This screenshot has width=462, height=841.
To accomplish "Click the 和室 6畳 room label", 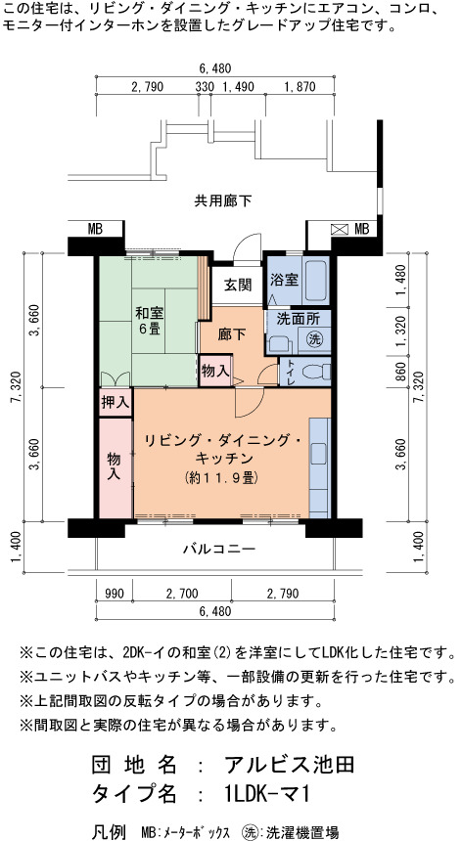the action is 150,320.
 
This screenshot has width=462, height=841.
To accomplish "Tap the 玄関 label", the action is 237,285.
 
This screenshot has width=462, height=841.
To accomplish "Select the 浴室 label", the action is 285,280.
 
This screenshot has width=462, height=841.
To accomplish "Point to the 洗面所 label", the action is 299,319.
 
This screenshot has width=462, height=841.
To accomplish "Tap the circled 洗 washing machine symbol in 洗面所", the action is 314,339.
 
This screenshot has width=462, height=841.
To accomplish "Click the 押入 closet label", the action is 115,403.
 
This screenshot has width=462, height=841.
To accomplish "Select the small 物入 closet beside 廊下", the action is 215,370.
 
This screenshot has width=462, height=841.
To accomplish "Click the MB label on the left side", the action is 95,229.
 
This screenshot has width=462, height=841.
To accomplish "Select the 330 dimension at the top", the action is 204,86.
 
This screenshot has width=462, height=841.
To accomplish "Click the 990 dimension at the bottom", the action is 115,594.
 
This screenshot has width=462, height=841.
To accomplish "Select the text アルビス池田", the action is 289,765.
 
